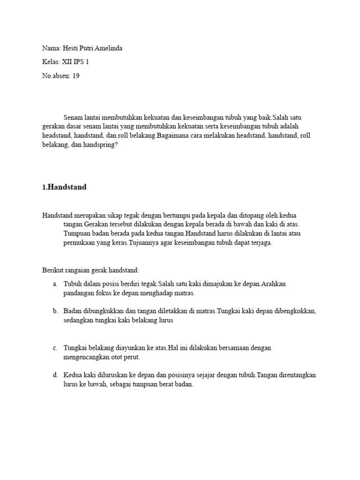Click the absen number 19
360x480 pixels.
75,75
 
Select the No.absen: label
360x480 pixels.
56,75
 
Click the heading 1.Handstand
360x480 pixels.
64,187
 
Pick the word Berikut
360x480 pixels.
53,270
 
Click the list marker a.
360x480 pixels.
55,284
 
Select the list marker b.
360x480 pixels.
55,311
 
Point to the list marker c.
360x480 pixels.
55,348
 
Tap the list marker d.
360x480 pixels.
55,375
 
